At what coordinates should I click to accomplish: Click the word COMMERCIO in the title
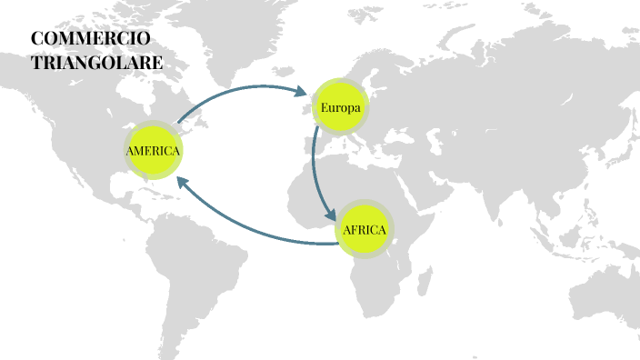90,40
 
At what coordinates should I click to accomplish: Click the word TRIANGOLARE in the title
96,64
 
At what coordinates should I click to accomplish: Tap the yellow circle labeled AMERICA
153,150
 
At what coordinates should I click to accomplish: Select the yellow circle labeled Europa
341,108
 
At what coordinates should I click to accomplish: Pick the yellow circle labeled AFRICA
365,229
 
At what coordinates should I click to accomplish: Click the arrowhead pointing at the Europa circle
303,91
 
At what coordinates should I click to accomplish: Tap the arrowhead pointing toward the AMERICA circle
184,180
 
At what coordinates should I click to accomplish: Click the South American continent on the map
205,264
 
